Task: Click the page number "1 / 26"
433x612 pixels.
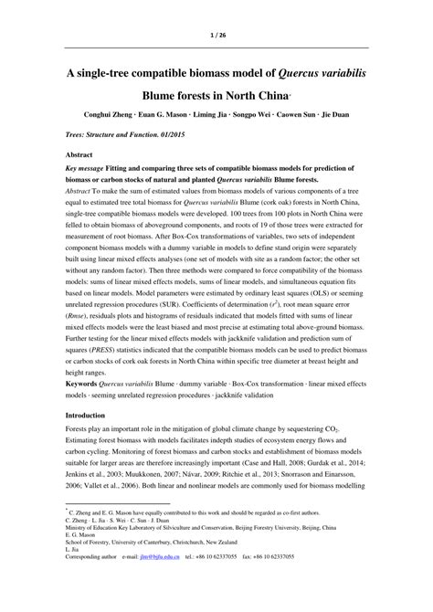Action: pyautogui.click(x=216, y=37)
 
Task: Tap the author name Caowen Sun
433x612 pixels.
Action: pyautogui.click(x=310, y=115)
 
